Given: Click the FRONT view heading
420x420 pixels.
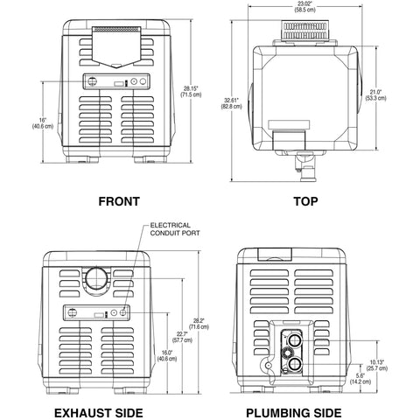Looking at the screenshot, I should [x=118, y=201].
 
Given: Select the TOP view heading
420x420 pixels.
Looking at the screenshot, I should [x=306, y=201].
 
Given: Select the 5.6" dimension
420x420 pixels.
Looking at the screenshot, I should [x=360, y=377].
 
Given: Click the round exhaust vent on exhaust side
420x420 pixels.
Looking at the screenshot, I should [x=97, y=281].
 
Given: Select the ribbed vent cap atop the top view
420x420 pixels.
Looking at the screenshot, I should [x=305, y=31].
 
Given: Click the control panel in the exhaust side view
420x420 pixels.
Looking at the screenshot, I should [x=97, y=312].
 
